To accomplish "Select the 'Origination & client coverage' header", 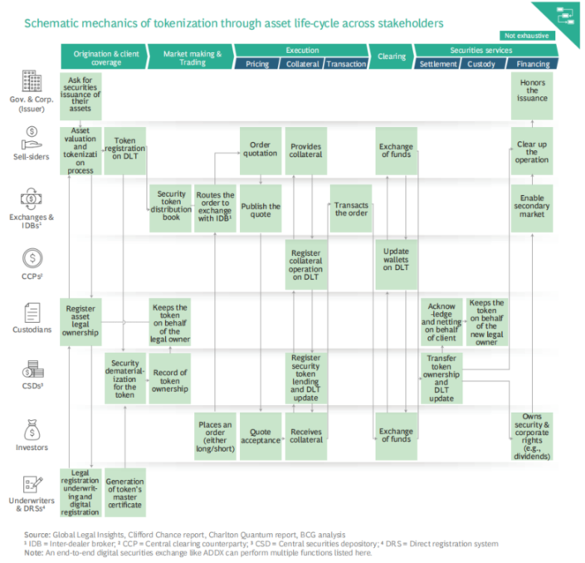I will tap(103, 56).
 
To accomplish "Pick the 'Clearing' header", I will tap(392, 56).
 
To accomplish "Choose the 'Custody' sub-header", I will tap(482, 63).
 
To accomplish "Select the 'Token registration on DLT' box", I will tap(125, 147).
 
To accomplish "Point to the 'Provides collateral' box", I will tap(305, 150).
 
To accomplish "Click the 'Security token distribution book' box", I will tap(172, 205).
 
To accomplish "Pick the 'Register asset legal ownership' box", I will tap(81, 321).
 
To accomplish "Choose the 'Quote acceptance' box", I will tap(260, 436).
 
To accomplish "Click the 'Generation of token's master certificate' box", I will tap(125, 492).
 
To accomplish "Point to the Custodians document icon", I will tap(31, 313).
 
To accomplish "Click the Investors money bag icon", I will tap(31, 429).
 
